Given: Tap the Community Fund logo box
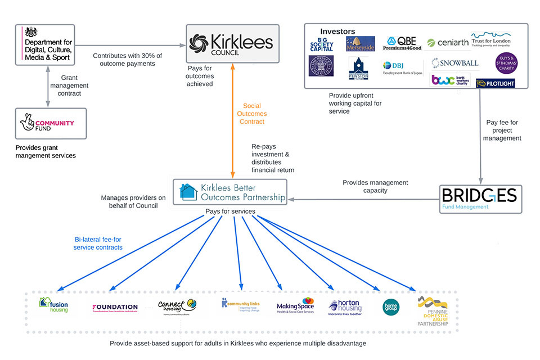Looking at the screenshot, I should (51, 123).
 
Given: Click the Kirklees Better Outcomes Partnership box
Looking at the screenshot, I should (229, 192).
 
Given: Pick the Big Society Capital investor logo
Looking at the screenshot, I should (322, 43).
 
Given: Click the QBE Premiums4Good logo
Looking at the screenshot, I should (402, 43).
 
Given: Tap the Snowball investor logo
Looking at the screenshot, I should (455, 63).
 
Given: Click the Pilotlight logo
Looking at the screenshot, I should (495, 83).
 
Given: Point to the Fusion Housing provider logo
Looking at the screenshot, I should (54, 305).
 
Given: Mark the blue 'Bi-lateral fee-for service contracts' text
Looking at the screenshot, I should (98, 243).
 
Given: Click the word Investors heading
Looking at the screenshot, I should (337, 31).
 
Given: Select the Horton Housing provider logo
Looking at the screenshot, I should (344, 307).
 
